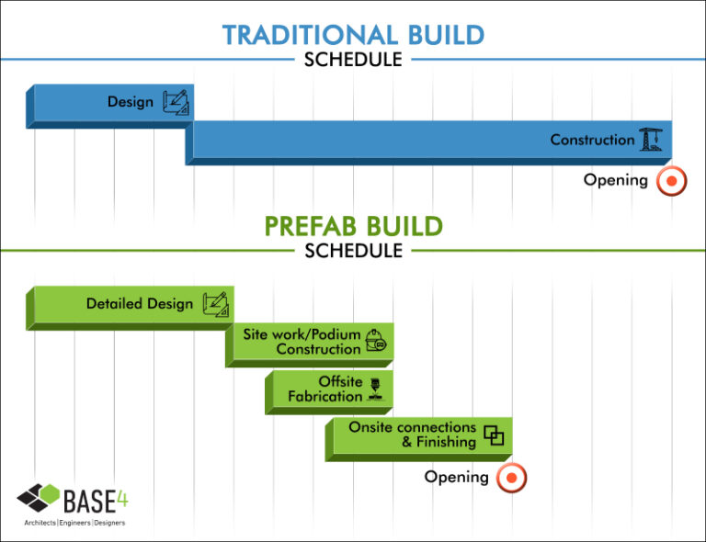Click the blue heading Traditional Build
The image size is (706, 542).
coord(353,35)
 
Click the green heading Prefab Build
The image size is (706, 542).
coord(353,226)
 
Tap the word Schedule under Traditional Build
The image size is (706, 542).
coord(353,60)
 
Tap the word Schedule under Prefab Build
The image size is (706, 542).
coord(353,250)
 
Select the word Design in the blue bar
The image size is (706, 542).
coord(131,102)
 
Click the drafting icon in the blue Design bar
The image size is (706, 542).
coord(176,102)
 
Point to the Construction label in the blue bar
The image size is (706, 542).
coord(592,140)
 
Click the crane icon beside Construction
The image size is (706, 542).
coord(651,140)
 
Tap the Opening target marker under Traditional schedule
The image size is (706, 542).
coord(672,181)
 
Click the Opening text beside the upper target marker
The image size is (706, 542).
coord(616,180)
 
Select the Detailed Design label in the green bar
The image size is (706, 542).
coord(140,303)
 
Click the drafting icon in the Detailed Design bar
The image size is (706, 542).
coord(215,303)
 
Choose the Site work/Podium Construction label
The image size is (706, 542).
coord(302,342)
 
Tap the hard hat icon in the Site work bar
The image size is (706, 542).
coord(376,341)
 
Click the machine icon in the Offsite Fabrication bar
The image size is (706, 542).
coord(376,389)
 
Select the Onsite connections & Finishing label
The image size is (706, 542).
coord(413,435)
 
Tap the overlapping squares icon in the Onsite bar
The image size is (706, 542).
coord(495,435)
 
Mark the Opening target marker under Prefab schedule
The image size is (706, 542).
coord(511,478)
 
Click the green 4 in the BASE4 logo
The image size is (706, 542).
coord(121,499)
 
